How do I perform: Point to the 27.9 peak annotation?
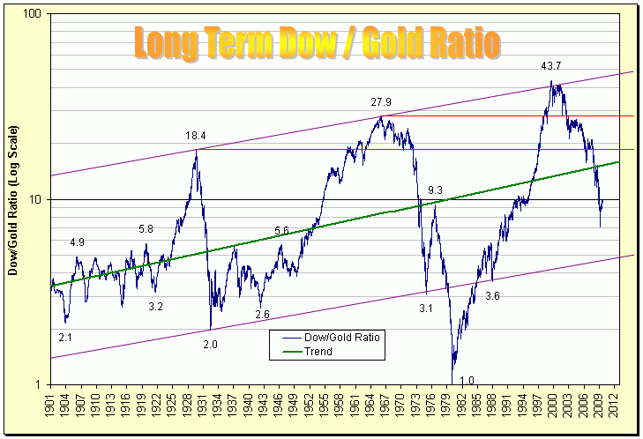[x=381, y=103]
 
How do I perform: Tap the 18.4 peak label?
[x=196, y=136]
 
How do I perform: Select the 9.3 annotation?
[x=435, y=190]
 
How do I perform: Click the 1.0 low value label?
[x=467, y=381]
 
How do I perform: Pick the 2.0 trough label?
[x=210, y=344]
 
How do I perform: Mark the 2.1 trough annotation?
[x=65, y=338]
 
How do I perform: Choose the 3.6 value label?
[x=492, y=297]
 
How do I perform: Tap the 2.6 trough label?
[x=262, y=315]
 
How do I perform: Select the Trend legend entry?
[x=318, y=351]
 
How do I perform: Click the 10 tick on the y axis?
[x=36, y=200]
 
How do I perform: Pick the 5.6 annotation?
[x=281, y=231]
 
